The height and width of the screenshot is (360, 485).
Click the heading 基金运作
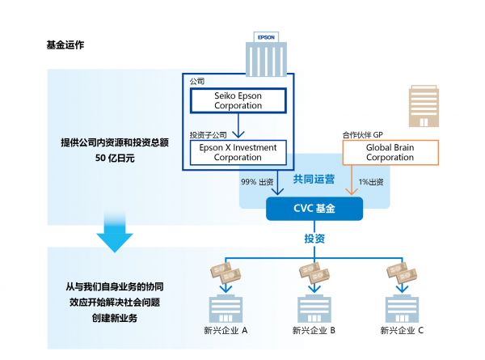pos(65,44)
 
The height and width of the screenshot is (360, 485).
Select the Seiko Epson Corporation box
pos(238,100)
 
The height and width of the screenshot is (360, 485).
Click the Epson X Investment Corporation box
pos(238,152)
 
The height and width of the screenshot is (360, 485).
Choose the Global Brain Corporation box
pos(390,152)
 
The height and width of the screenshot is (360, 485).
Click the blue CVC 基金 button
pos(314,209)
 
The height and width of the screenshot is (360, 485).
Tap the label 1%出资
pos(371,181)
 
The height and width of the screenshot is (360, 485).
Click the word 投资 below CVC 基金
pos(314,239)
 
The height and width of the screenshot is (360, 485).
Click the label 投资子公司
pos(207,134)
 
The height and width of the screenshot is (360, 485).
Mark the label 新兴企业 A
pos(226,331)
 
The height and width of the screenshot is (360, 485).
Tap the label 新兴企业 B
pos(314,331)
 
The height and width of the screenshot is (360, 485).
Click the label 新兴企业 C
pos(403,331)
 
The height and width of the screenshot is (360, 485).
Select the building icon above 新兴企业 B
pos(314,308)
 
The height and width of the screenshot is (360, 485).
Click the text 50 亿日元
pos(114,159)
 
